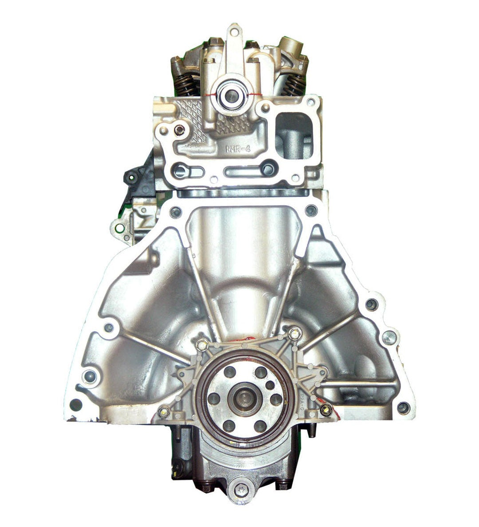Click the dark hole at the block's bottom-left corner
[x=76, y=405]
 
